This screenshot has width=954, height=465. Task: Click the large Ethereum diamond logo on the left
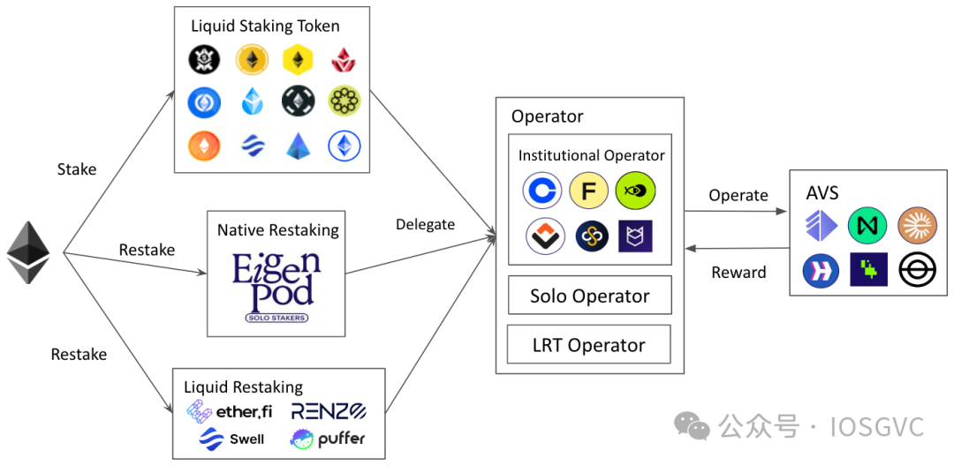click(x=27, y=253)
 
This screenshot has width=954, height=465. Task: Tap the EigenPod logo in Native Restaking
click(x=276, y=287)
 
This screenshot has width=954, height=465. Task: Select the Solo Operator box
click(x=589, y=296)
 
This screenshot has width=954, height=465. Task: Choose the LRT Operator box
click(x=589, y=344)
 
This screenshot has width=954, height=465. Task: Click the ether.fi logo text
click(x=230, y=411)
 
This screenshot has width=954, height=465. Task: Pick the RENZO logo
click(x=329, y=411)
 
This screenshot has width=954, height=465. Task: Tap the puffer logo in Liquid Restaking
click(x=328, y=439)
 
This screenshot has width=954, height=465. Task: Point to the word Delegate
click(x=425, y=224)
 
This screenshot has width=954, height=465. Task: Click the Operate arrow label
click(x=738, y=196)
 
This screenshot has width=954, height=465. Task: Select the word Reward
click(x=738, y=273)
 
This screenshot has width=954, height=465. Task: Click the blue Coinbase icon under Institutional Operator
click(x=542, y=191)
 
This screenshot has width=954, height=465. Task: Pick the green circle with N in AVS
click(x=867, y=224)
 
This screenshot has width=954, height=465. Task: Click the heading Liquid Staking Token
click(x=265, y=26)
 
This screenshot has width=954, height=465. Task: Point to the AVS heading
click(x=821, y=192)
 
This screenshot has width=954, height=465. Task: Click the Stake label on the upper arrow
click(x=77, y=169)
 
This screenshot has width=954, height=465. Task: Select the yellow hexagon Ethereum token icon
click(x=298, y=59)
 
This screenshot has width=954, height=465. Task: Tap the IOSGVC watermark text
click(x=877, y=427)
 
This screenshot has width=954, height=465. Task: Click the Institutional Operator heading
click(x=591, y=155)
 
